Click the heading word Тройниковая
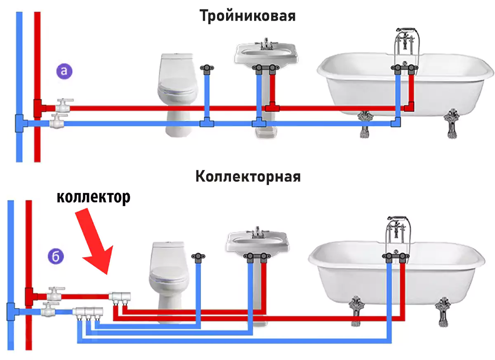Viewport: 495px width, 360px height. [x=247, y=16]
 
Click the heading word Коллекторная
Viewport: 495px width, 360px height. [x=248, y=176]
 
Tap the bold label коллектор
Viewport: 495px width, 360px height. [x=94, y=197]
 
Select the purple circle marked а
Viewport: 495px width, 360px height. [x=64, y=71]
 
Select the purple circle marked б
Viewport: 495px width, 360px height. [x=56, y=256]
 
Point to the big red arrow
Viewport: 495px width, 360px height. [x=95, y=241]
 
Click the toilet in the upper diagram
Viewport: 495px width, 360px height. [x=177, y=95]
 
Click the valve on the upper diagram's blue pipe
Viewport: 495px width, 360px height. [x=57, y=121]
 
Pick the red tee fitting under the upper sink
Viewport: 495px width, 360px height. [x=272, y=107]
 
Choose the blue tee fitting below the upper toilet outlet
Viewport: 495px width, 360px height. [x=207, y=122]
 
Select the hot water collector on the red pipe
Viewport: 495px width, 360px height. [x=120, y=296]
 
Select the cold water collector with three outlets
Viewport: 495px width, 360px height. [x=88, y=312]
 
